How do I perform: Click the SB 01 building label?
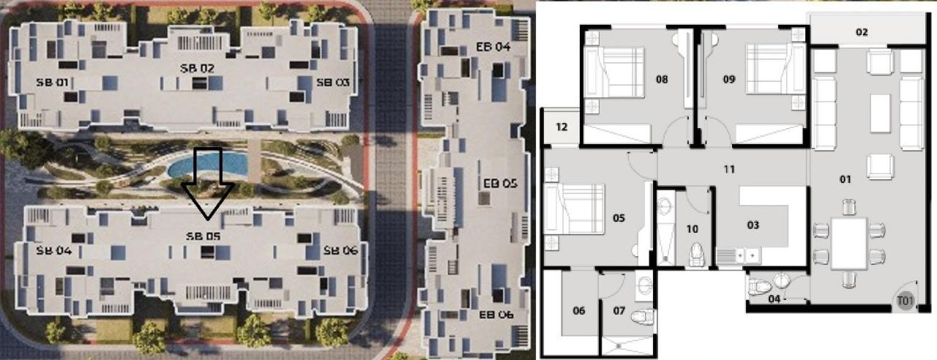click(52, 83)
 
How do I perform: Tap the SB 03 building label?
click(332, 83)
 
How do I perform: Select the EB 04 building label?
click(493, 47)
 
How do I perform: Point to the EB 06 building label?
click(496, 315)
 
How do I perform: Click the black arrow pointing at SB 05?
click(208, 183)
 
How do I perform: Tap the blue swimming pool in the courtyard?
click(208, 164)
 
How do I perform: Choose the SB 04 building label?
click(54, 251)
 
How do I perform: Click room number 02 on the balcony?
click(862, 32)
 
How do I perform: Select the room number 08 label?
click(662, 80)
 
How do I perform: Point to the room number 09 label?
click(729, 80)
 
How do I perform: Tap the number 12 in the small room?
click(561, 127)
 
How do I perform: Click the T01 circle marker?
click(906, 301)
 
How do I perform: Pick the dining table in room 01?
click(848, 244)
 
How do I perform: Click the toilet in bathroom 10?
click(696, 255)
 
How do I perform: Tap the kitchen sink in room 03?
click(739, 255)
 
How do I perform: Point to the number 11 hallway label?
click(729, 169)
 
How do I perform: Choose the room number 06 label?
click(579, 311)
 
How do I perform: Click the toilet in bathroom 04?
click(759, 288)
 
